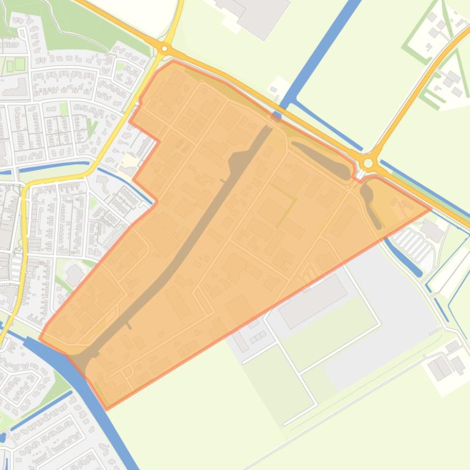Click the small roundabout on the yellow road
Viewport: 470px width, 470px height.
coord(165,48)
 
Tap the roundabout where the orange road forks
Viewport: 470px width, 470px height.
coord(368,146)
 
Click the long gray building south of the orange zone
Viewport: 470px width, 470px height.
coord(313,284)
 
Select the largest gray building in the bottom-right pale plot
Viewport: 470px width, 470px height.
coord(440,368)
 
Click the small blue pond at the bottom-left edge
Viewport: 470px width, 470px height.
coord(2,437)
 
